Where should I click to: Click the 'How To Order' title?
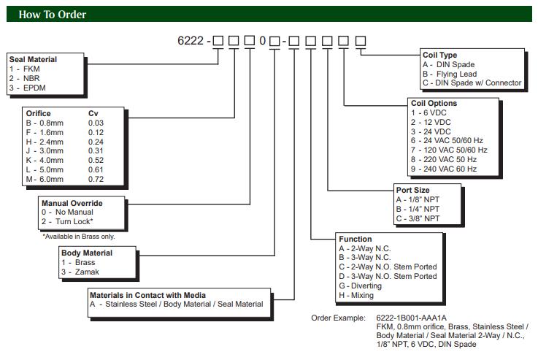[52, 15]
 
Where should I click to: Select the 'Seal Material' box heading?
[33, 59]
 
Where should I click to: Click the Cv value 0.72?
[96, 179]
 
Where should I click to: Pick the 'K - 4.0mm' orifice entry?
[45, 160]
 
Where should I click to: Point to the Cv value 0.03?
[96, 123]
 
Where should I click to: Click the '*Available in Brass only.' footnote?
[78, 237]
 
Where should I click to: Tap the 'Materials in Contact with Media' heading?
[147, 296]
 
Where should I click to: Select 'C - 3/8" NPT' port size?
[418, 218]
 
